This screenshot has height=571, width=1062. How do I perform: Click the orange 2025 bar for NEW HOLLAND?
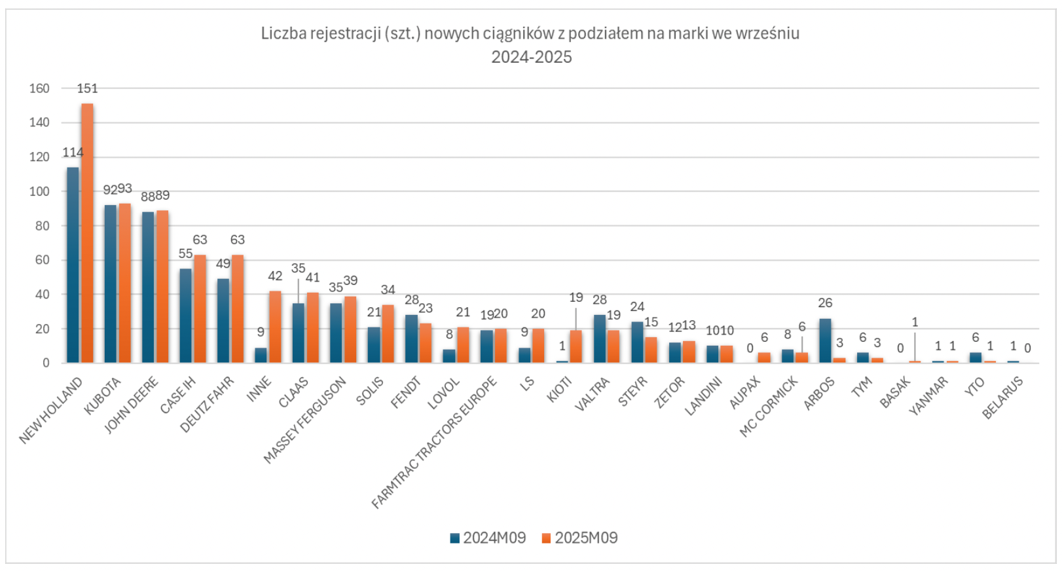click(87, 233)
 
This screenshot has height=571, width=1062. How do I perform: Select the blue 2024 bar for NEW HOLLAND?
click(73, 265)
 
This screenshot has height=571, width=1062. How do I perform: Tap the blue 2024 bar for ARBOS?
click(825, 341)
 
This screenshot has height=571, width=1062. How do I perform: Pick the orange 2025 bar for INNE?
click(275, 327)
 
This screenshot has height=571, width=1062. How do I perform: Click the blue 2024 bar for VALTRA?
click(599, 339)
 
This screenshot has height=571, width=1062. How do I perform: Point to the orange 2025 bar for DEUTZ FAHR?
click(237, 308)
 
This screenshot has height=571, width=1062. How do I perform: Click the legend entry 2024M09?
click(488, 538)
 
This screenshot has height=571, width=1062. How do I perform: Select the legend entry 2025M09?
click(579, 538)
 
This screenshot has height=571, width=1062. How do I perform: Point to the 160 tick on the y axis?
click(39, 88)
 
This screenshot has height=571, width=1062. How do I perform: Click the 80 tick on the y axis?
click(42, 226)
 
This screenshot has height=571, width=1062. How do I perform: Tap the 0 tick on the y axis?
click(46, 363)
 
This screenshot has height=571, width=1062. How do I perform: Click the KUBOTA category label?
click(103, 396)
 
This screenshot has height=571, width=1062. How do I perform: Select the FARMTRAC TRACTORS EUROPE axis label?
click(434, 443)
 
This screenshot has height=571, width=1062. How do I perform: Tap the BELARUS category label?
click(1002, 398)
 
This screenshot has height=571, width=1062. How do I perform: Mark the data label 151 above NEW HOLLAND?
click(87, 88)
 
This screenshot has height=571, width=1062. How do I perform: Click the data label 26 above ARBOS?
click(825, 303)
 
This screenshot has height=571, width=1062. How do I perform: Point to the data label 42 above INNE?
click(275, 276)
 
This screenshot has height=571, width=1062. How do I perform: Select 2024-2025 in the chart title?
click(532, 58)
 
